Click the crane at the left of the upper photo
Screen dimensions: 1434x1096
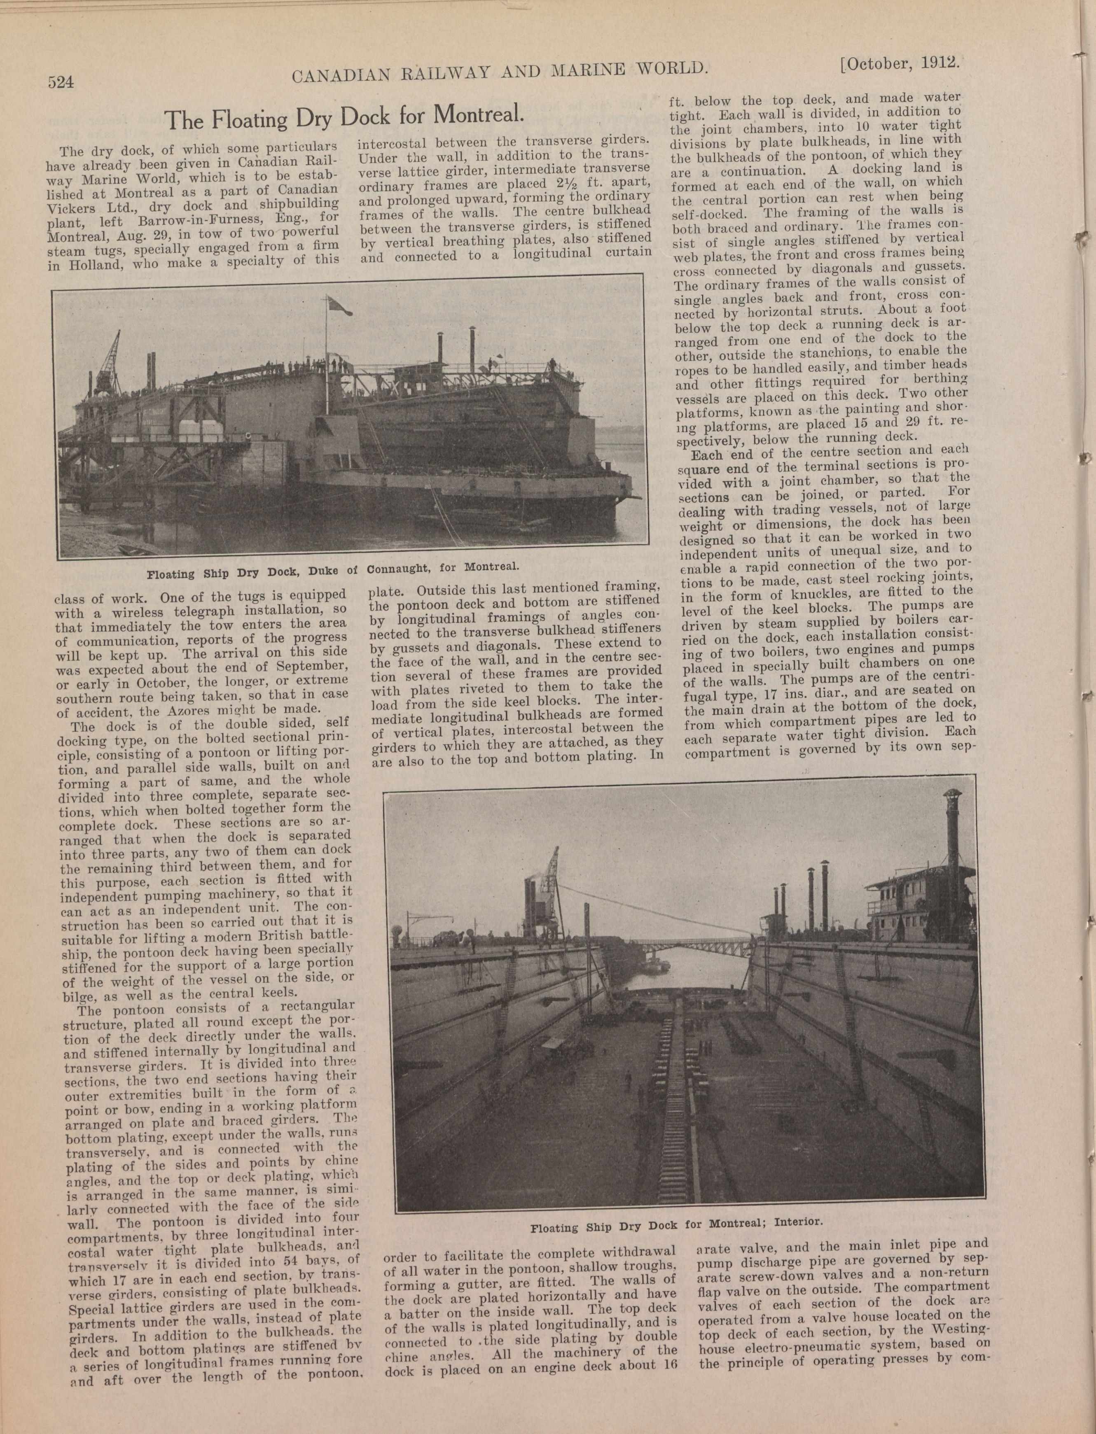(108, 359)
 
